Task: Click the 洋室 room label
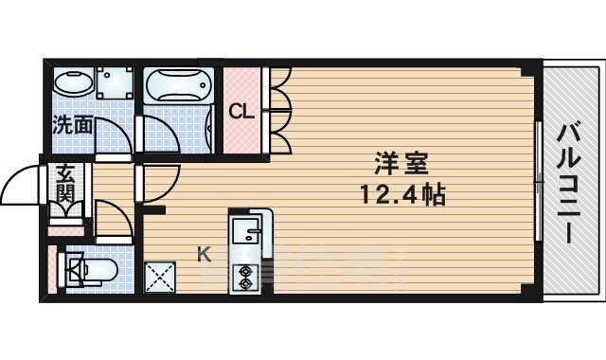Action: (401, 164)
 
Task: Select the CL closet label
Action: (241, 112)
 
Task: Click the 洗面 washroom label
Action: (73, 125)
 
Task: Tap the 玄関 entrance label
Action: (65, 183)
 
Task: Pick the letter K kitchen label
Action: (205, 254)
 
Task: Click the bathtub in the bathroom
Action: (179, 86)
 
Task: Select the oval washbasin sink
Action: (74, 81)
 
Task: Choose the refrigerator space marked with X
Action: (160, 277)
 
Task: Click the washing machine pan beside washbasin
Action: (115, 82)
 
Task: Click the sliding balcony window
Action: (538, 181)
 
